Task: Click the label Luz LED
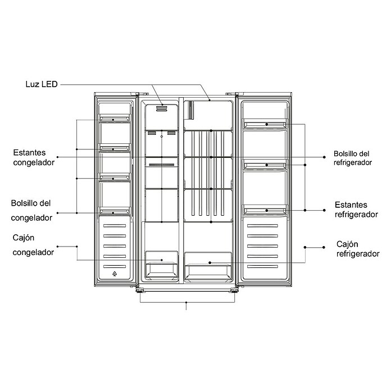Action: (x=42, y=84)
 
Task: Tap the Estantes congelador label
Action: (x=34, y=157)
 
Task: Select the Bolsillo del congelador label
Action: (x=31, y=210)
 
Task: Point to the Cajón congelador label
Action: (x=33, y=245)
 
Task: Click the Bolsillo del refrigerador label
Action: (x=353, y=158)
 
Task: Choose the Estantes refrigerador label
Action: (x=356, y=210)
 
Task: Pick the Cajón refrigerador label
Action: (x=358, y=249)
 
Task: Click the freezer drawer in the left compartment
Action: (x=162, y=265)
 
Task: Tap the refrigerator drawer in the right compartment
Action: (x=208, y=267)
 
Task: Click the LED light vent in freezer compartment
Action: (x=162, y=109)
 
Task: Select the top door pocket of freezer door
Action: (x=115, y=118)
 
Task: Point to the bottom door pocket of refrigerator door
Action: (x=265, y=210)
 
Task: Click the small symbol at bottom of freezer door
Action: (x=115, y=274)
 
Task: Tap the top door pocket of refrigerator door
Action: (x=265, y=124)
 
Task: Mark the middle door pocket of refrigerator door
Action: (x=265, y=165)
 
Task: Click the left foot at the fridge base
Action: (x=140, y=291)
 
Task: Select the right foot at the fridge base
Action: (x=234, y=291)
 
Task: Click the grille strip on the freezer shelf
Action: (x=162, y=165)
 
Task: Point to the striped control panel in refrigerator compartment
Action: (x=191, y=110)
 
